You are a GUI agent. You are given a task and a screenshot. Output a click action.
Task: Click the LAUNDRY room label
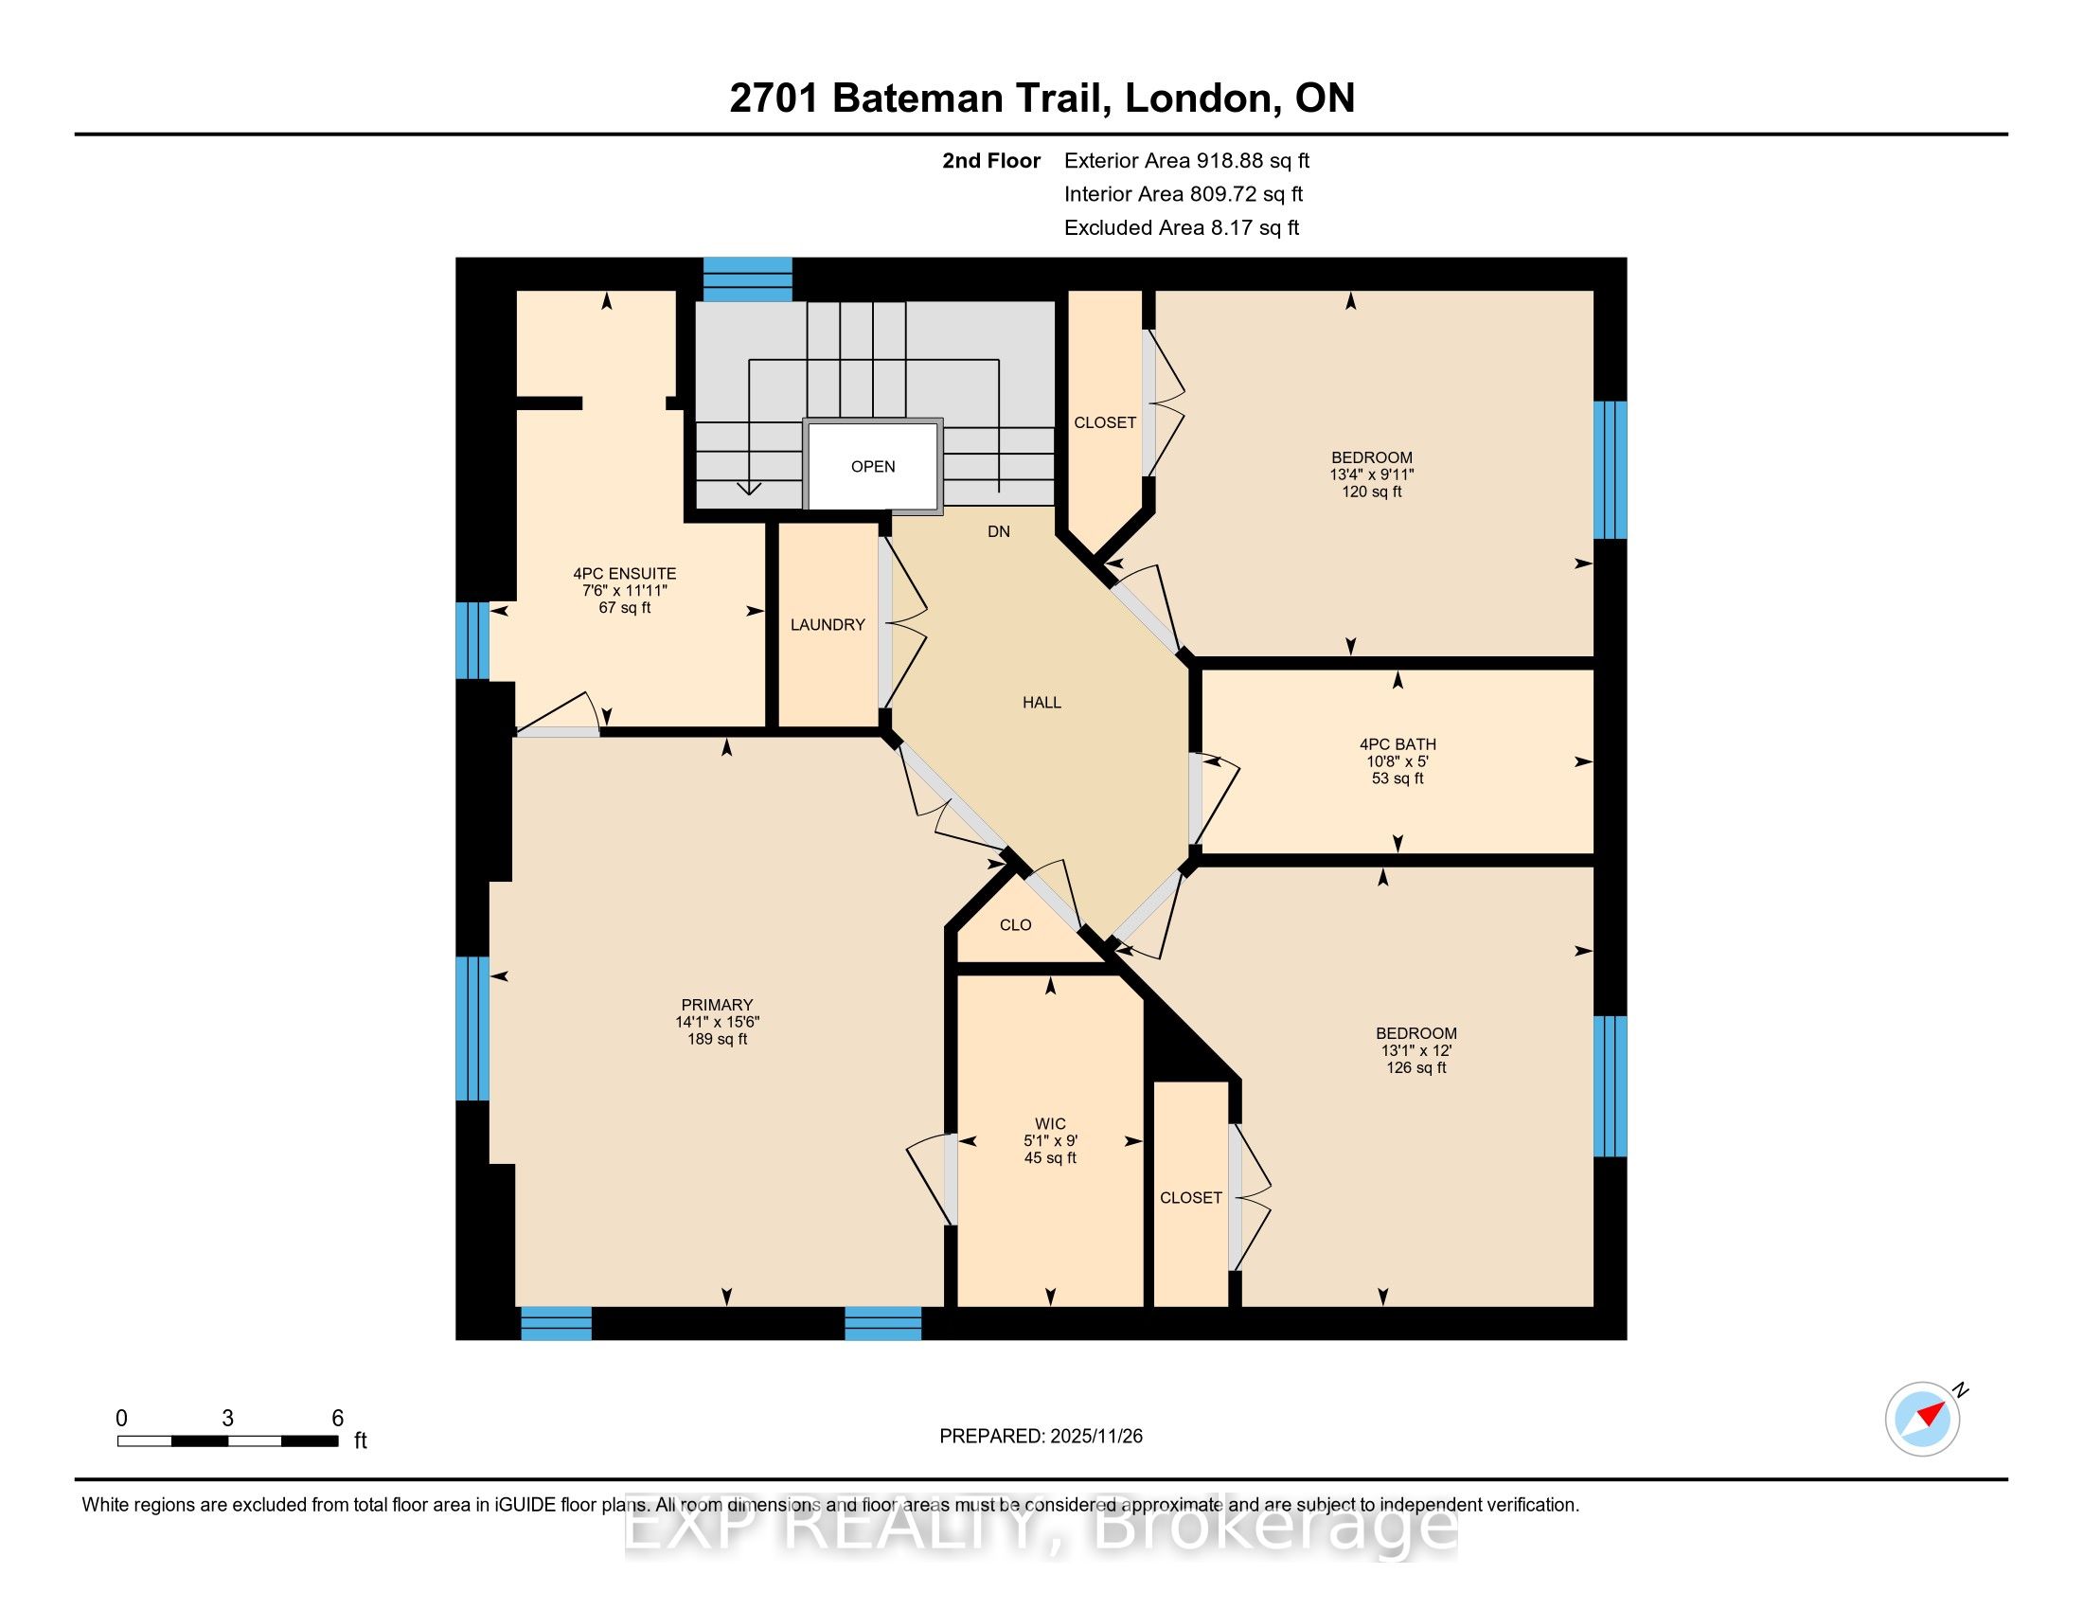827,625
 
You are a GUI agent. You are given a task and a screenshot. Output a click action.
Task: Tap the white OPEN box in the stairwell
873,466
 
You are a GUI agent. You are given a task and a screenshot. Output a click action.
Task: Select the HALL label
1041,703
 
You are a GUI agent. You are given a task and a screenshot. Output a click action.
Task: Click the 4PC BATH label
1398,744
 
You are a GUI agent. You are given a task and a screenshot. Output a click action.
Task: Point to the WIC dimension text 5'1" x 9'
1050,1141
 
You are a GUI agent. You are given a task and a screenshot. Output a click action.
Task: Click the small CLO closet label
1016,925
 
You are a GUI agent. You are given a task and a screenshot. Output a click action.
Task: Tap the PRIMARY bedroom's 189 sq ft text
718,1039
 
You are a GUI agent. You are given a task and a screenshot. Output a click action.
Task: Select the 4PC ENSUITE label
625,573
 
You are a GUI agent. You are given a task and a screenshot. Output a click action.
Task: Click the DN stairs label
999,532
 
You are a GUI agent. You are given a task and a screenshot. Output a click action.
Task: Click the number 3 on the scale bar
227,1419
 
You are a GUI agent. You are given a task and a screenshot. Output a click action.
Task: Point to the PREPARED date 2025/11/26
1095,1437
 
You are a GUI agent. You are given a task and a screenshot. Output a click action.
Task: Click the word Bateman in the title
967,98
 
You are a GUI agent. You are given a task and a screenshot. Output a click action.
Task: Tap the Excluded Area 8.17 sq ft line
1182,227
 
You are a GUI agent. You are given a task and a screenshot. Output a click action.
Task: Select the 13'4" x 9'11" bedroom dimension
1372,474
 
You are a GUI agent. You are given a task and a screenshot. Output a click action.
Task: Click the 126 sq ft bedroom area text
1416,1067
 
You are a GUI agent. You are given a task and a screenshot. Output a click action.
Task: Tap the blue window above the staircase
748,279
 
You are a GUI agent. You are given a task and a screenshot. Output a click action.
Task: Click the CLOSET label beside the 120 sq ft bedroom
1104,422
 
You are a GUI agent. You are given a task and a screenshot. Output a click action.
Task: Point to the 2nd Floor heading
991,160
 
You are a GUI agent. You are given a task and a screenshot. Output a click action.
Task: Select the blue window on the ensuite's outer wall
472,640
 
